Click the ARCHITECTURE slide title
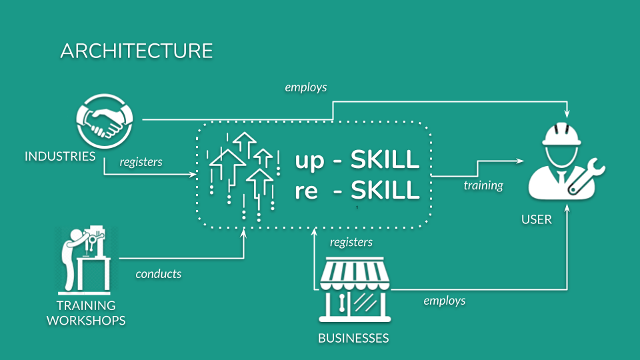pyautogui.click(x=136, y=51)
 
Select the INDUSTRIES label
pyautogui.click(x=60, y=157)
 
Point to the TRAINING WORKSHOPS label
pyautogui.click(x=86, y=313)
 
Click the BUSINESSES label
pyautogui.click(x=353, y=338)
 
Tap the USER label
pyautogui.click(x=537, y=219)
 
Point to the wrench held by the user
pyautogui.click(x=587, y=176)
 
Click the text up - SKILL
pyautogui.click(x=357, y=160)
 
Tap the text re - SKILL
pyautogui.click(x=357, y=191)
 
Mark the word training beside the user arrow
pyautogui.click(x=483, y=185)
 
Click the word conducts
pyautogui.click(x=159, y=274)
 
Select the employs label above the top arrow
pyautogui.click(x=305, y=87)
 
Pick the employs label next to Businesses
pyautogui.click(x=445, y=301)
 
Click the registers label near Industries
pyautogui.click(x=141, y=161)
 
